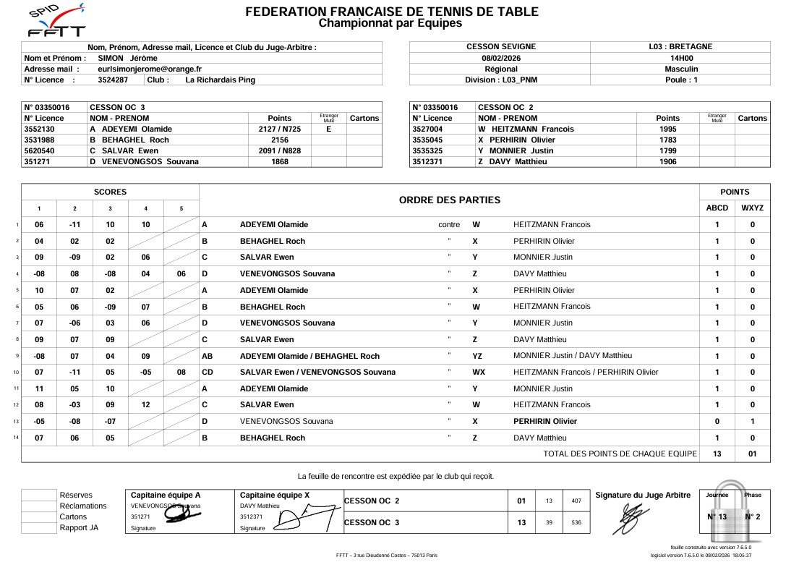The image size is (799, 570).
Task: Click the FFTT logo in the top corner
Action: (56, 20)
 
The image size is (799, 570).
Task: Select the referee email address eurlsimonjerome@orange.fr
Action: (150, 69)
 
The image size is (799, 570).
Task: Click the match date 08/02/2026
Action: (500, 58)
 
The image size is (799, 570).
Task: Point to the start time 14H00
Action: (681, 58)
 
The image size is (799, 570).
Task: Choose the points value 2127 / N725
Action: (279, 129)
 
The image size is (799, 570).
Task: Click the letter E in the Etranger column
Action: (328, 129)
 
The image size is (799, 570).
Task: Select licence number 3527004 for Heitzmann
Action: (431, 129)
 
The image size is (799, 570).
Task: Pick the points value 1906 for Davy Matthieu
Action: (667, 161)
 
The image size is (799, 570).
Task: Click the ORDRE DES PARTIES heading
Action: (449, 200)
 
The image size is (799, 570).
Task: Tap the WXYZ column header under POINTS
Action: (752, 208)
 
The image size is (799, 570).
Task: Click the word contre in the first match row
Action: (449, 224)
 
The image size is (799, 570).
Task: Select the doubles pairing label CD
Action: (208, 373)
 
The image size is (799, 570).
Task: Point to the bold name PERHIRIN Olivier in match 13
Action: (544, 421)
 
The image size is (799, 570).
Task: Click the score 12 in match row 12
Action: (146, 405)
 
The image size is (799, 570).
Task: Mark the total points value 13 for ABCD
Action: (717, 454)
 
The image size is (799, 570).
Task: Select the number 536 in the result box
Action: (576, 522)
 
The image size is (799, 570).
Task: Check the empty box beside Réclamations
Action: (39, 506)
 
